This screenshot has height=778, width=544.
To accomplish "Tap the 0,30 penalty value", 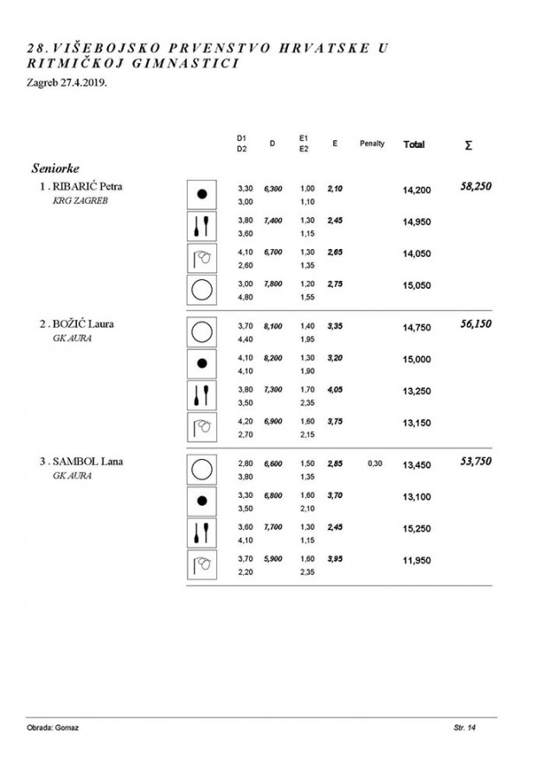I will click(374, 464).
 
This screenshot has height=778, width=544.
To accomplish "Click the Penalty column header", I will click(372, 143).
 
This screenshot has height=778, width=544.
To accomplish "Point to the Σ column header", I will click(468, 145).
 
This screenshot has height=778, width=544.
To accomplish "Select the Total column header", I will click(414, 144).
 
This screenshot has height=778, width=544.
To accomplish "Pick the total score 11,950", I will click(419, 567).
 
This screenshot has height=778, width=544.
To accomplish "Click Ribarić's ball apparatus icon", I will click(202, 194).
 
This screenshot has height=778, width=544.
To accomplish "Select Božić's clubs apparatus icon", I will click(202, 394).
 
